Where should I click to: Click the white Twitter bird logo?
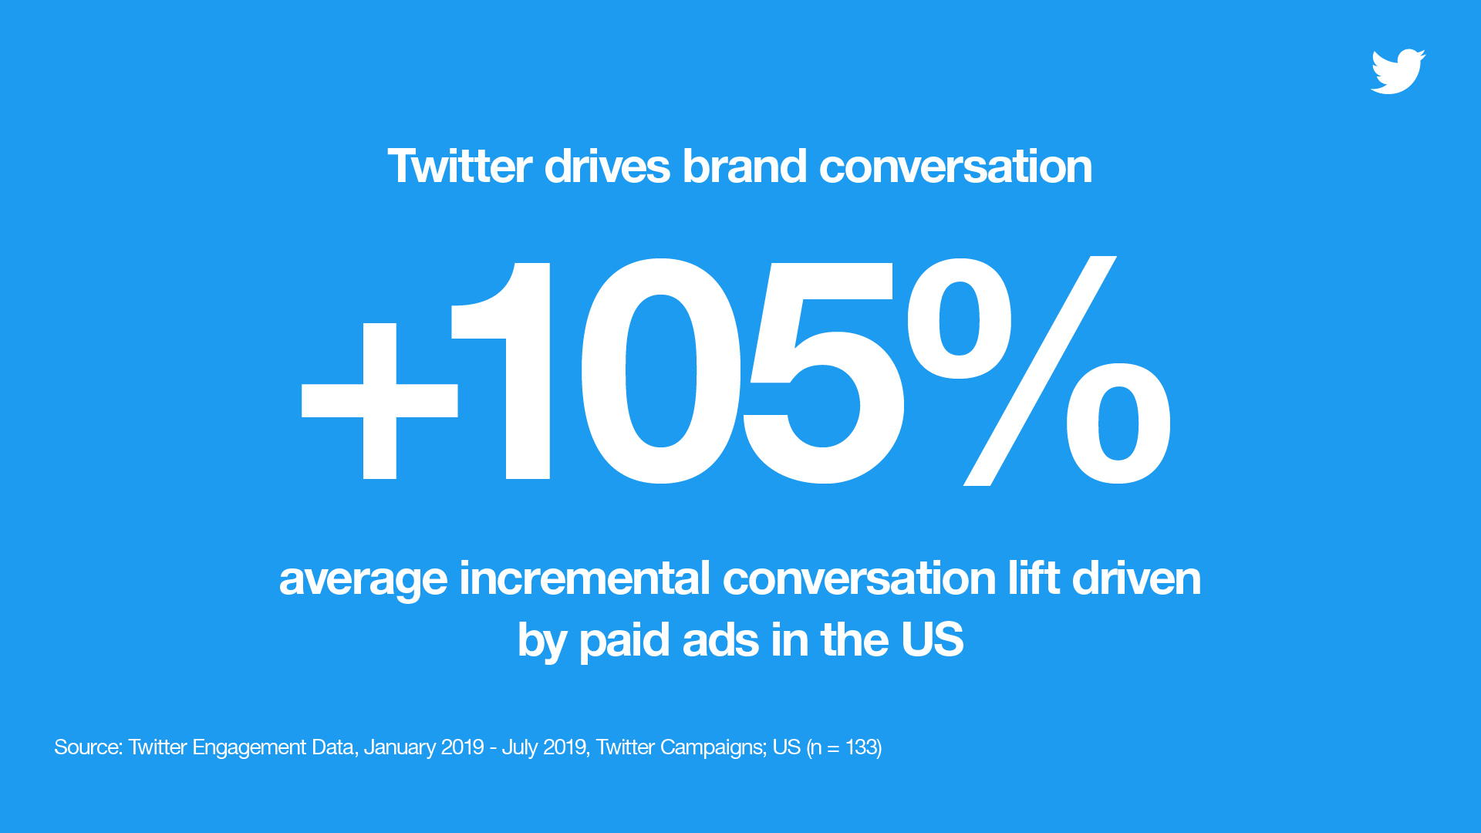pyautogui.click(x=1398, y=72)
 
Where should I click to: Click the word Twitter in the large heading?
pyautogui.click(x=460, y=166)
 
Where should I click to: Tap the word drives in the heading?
pyautogui.click(x=607, y=166)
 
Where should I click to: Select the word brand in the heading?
pyautogui.click(x=744, y=166)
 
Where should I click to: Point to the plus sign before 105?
pyautogui.click(x=380, y=401)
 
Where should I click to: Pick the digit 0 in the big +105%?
pyautogui.click(x=661, y=371)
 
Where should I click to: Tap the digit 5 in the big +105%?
pyautogui.click(x=823, y=373)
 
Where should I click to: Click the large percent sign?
pyautogui.click(x=1039, y=371)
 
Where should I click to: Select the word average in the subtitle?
pyautogui.click(x=363, y=580)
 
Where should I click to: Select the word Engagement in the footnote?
pyautogui.click(x=249, y=748)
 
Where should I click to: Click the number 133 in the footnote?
pyautogui.click(x=861, y=747)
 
